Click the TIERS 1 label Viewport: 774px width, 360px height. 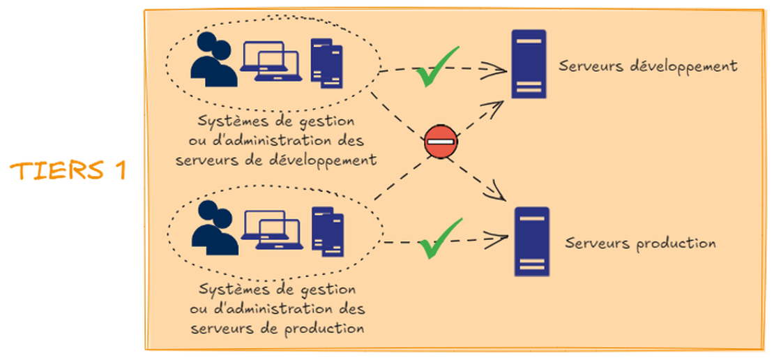[x=68, y=171]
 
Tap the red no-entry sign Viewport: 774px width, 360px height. [x=441, y=142]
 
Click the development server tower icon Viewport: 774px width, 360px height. [x=529, y=63]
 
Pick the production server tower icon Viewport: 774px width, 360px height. [x=531, y=241]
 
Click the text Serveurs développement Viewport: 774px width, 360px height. [x=648, y=66]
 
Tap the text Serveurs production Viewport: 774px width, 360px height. [x=641, y=243]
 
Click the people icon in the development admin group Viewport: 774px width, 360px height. [x=213, y=62]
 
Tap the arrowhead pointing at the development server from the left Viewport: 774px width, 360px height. [x=500, y=68]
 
